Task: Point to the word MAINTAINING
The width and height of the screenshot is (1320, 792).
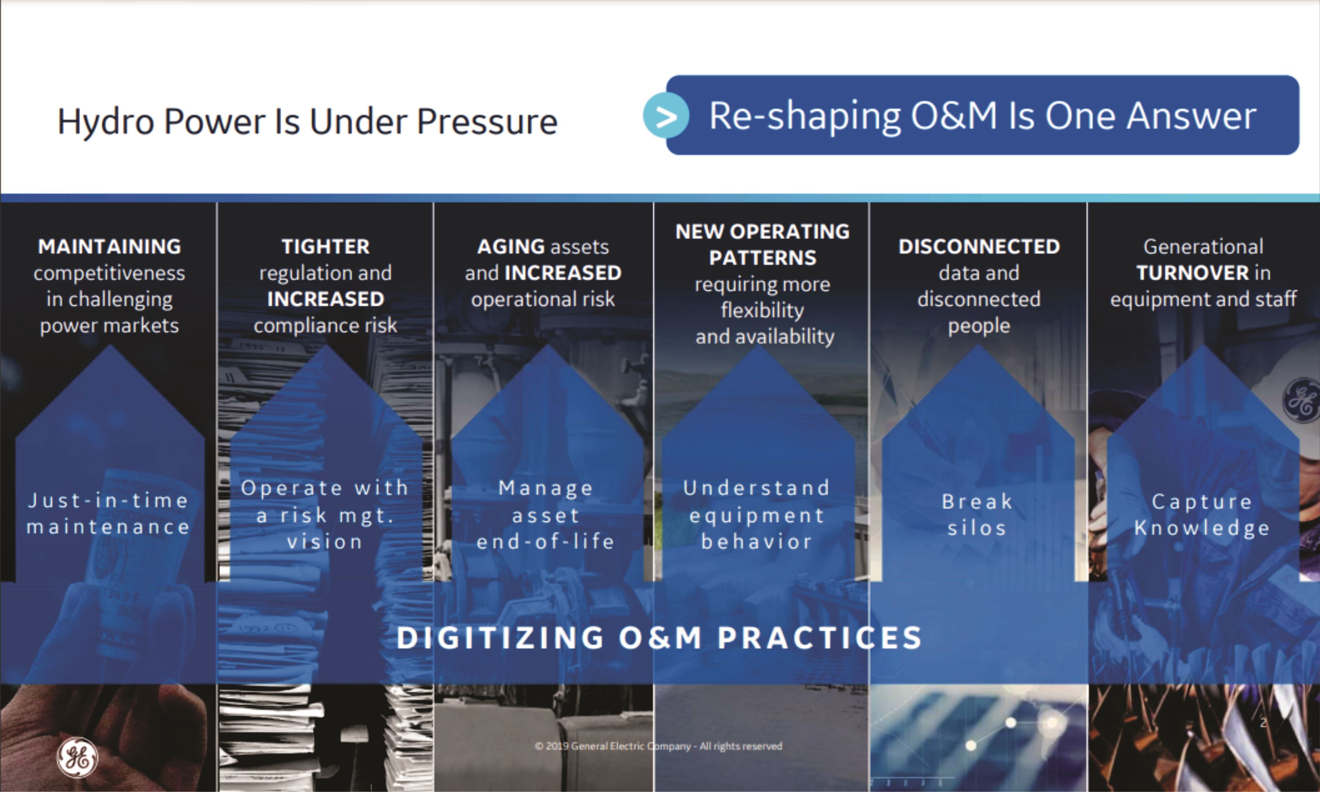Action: (109, 246)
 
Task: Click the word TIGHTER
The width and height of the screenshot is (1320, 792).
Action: (326, 246)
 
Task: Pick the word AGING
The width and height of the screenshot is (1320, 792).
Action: (511, 246)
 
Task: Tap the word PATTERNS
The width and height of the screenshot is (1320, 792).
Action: (762, 258)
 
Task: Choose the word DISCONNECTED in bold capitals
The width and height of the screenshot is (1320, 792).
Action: (979, 246)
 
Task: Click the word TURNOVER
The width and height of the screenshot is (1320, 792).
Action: (1192, 273)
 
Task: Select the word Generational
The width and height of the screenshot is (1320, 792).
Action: (1203, 246)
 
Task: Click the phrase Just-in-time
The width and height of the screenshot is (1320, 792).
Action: (108, 500)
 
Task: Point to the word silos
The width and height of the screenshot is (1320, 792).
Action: (977, 528)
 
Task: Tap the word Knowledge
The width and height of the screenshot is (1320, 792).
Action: (1202, 528)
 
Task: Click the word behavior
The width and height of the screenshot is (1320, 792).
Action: (757, 541)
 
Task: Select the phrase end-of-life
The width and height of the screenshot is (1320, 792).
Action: (545, 541)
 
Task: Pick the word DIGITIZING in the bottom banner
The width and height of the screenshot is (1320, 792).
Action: (500, 638)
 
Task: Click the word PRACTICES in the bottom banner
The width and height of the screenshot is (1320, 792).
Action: (820, 638)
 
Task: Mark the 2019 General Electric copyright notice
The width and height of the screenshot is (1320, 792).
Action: (658, 746)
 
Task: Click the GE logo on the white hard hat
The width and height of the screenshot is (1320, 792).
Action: (1301, 399)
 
